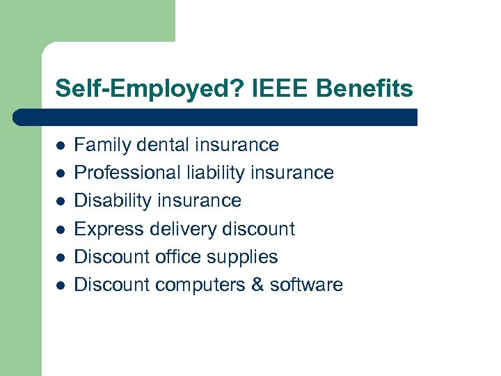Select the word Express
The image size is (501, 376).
[x=102, y=229]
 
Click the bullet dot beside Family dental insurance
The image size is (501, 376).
[x=61, y=146]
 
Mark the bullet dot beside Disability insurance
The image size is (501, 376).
[x=61, y=201]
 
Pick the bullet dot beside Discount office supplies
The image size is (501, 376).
[x=61, y=258]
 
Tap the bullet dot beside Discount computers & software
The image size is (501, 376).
[x=61, y=285]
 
